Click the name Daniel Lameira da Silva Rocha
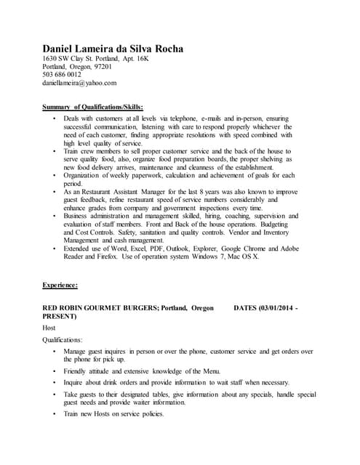113,49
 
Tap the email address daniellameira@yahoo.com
79,84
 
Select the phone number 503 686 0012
62,75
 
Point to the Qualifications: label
63,339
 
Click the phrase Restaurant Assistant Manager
127,191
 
